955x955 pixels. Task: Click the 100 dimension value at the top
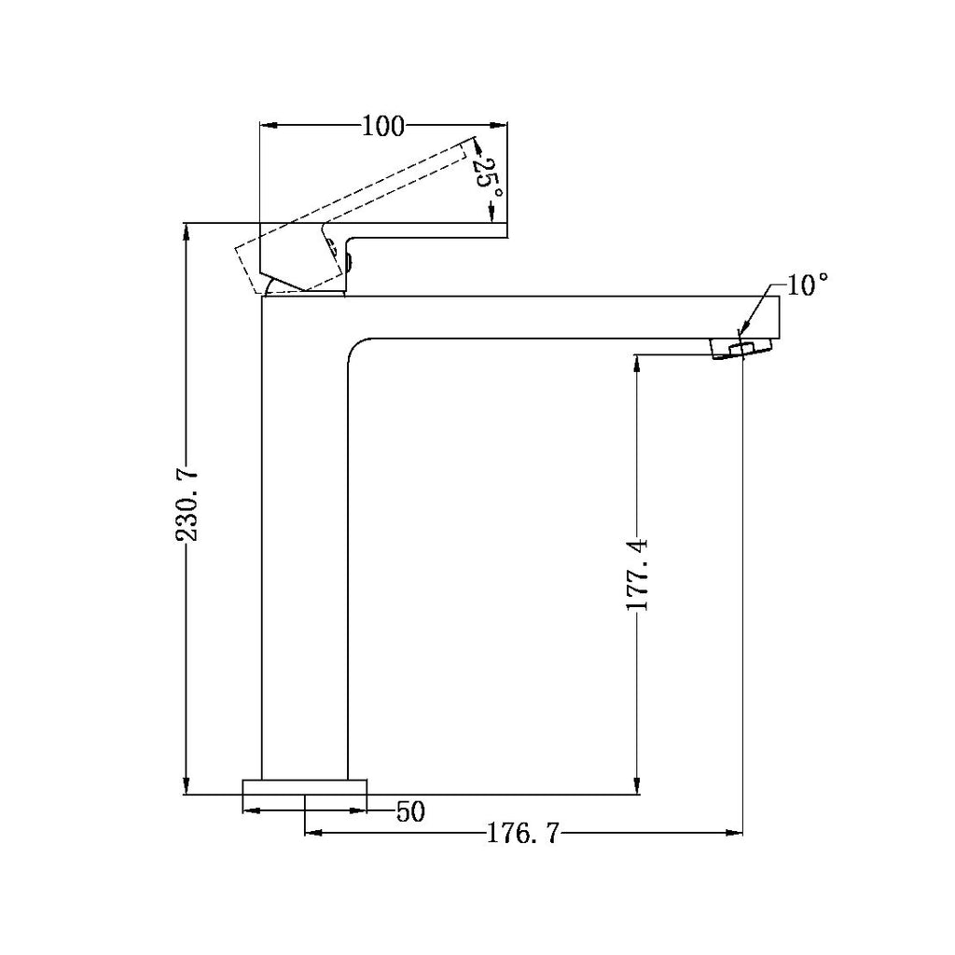382,125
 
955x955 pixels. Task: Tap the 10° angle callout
808,285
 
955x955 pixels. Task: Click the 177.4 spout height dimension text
638,574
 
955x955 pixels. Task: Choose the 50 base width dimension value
410,812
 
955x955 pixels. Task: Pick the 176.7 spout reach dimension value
523,833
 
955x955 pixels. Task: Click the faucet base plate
305,786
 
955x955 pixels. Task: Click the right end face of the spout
778,317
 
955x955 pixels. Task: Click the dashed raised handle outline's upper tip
471,142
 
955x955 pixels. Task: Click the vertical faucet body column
304,541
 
